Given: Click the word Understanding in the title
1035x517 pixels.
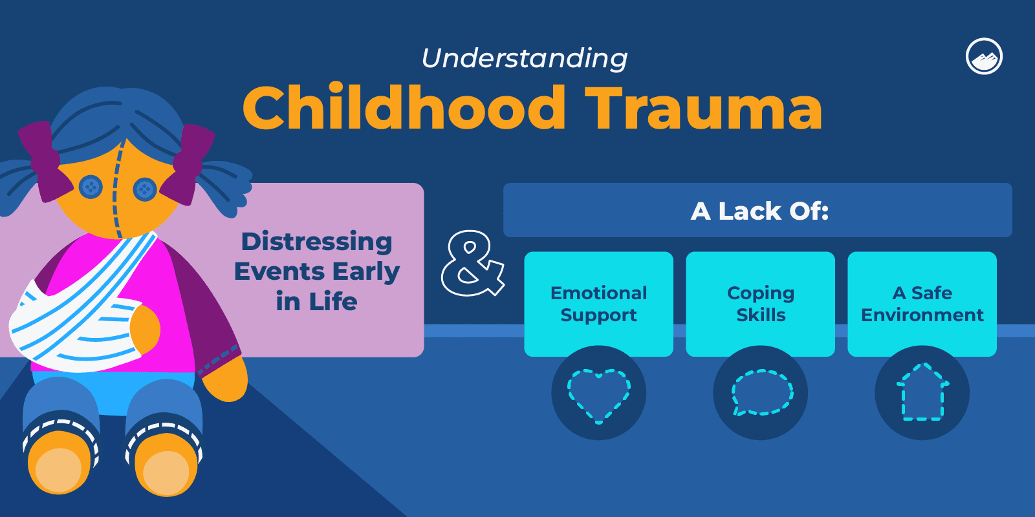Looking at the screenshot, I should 524,58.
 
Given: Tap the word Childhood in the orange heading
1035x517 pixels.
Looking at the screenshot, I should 404,108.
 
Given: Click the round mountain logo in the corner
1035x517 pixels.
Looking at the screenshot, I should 984,57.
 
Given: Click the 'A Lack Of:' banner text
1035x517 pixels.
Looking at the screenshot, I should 759,211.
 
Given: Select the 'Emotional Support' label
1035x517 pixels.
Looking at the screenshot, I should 598,304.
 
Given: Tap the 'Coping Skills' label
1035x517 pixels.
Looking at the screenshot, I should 761,304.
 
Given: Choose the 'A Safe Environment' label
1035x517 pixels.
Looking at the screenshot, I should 922,304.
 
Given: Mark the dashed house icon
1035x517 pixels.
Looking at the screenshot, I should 922,393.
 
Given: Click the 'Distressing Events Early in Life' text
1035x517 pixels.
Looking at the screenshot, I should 316,271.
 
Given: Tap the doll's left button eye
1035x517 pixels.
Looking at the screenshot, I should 91,187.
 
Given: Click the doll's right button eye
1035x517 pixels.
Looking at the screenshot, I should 144,189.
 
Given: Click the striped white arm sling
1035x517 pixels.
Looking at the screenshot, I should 78,317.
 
